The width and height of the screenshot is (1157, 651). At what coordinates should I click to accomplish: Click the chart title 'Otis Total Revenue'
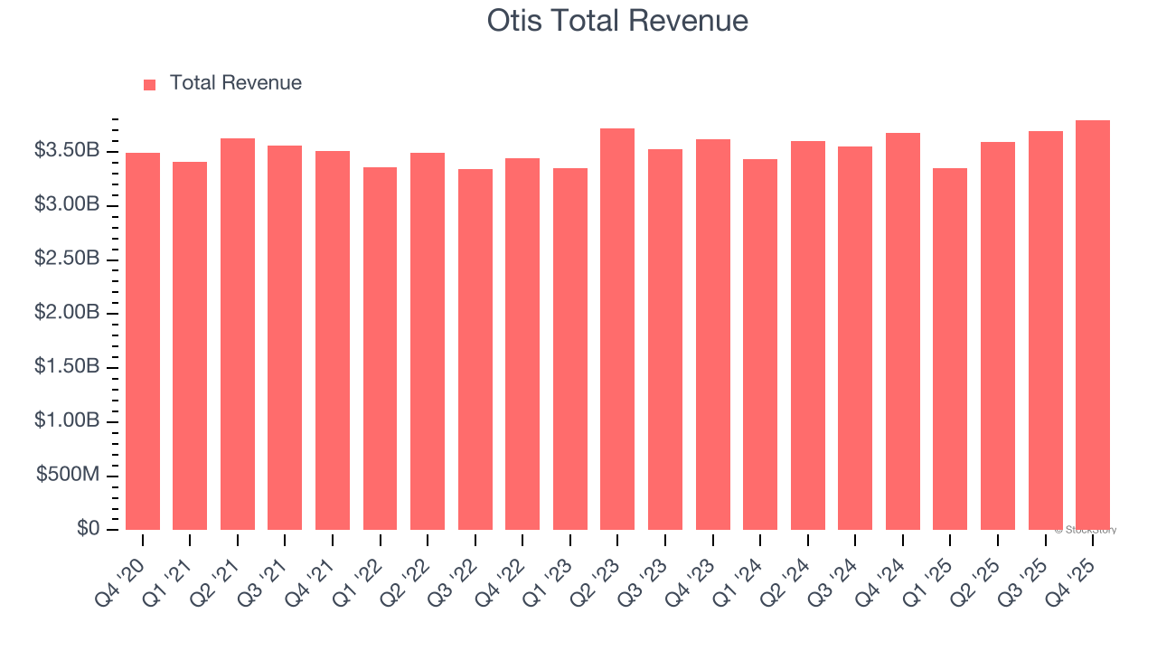coord(617,20)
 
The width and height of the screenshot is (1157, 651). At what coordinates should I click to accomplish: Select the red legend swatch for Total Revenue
coord(150,84)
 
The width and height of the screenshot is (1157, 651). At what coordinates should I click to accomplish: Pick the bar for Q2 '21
coord(238,334)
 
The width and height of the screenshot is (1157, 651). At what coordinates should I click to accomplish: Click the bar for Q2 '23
coord(617,329)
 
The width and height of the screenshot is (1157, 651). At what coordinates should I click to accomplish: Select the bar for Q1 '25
coord(950,349)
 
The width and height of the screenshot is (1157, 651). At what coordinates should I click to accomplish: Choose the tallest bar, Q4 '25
coord(1092,325)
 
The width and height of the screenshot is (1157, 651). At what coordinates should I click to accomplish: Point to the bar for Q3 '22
coord(475,349)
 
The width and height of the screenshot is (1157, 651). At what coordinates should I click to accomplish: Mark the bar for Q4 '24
coord(902,331)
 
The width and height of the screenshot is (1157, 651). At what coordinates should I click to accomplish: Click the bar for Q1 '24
coord(760,344)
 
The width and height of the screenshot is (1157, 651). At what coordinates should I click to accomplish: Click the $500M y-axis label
coord(68,476)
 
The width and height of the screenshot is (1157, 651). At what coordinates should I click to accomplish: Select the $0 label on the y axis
coord(88,529)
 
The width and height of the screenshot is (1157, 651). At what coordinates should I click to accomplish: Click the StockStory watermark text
coord(1086,530)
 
